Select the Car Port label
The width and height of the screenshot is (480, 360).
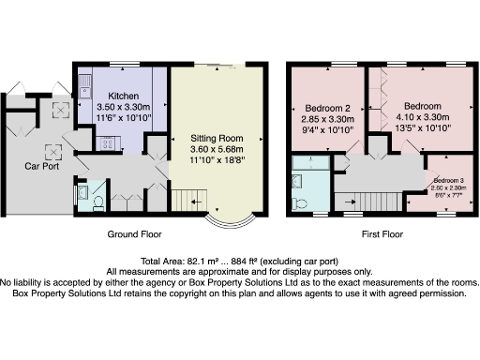42,166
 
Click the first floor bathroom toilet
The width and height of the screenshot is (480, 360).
303,202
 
